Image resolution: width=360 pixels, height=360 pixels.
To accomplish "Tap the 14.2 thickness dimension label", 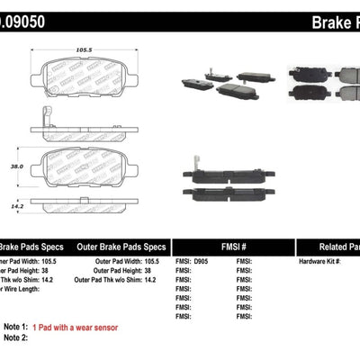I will (13, 205).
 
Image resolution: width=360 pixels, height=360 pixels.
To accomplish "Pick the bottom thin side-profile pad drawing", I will (90, 206).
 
